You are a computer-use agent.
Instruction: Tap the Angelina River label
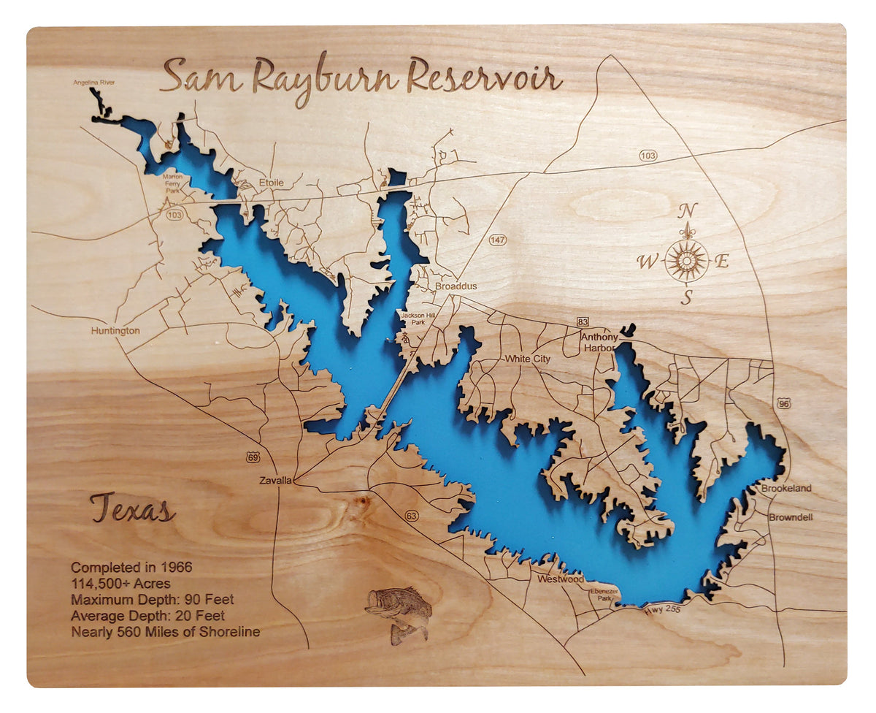93,83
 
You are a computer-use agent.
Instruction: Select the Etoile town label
271,183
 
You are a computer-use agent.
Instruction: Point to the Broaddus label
456,286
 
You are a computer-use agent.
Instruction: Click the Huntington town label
115,331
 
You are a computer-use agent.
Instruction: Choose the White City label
528,359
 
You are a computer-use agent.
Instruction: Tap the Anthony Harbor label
599,343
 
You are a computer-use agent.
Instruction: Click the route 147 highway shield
498,240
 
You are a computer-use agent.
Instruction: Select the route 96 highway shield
783,403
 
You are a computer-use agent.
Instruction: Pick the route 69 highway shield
253,457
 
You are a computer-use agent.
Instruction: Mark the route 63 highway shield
412,516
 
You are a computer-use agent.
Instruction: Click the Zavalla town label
275,481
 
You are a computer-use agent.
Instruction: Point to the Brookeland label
786,488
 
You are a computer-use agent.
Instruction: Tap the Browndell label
790,517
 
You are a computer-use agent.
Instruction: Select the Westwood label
561,579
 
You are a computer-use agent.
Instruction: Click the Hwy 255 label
662,609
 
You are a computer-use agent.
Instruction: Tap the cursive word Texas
132,509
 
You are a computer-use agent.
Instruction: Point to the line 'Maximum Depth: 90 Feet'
152,600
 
